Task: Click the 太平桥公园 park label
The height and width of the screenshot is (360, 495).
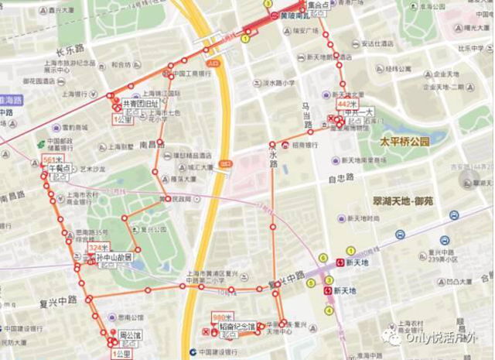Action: [404, 142]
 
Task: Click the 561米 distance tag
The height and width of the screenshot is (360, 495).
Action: [52, 160]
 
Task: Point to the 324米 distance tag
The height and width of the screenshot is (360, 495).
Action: [96, 248]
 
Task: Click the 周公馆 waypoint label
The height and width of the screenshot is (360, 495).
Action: [128, 335]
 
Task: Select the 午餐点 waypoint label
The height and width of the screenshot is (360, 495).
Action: [59, 168]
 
